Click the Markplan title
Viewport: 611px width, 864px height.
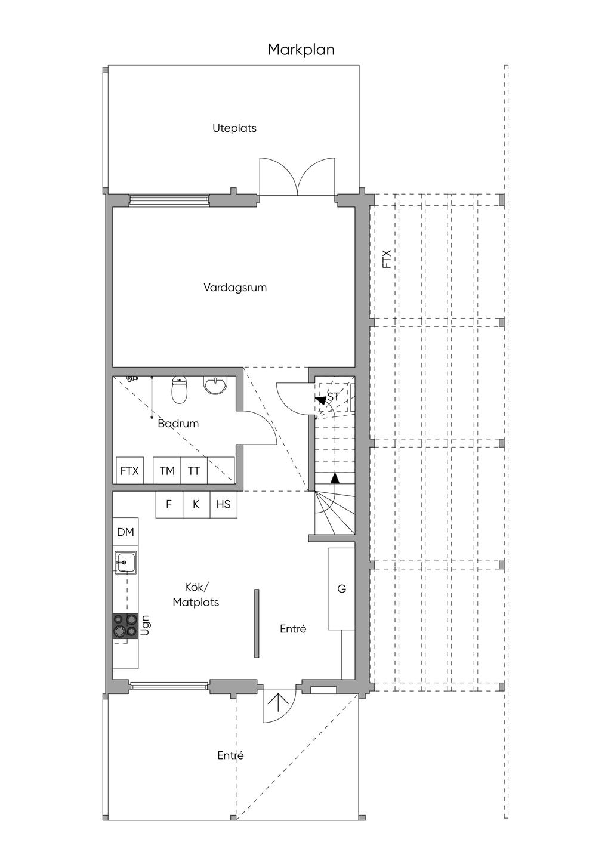click(x=301, y=50)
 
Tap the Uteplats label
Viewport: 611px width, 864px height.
click(x=234, y=128)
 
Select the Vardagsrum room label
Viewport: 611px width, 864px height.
click(x=235, y=288)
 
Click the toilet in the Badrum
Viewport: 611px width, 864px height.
click(x=179, y=390)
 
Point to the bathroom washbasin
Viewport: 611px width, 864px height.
click(x=215, y=385)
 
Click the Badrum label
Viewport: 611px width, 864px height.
click(x=178, y=424)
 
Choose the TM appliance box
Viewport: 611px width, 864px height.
click(x=167, y=471)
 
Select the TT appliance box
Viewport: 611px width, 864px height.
click(x=194, y=471)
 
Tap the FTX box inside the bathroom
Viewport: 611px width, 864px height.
click(x=129, y=471)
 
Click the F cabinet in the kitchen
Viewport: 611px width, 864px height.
click(x=169, y=505)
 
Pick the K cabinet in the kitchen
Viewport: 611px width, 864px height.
click(x=196, y=505)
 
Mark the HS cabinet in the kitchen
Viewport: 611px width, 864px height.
click(x=224, y=505)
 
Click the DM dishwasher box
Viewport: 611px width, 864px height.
click(x=125, y=532)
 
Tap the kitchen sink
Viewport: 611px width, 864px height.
click(x=125, y=562)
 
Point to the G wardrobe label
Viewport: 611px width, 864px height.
click(x=341, y=588)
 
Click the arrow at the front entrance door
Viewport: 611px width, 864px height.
click(x=277, y=703)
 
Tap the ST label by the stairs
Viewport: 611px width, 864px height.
click(x=333, y=397)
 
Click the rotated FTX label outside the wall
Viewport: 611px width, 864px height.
click(x=387, y=259)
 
